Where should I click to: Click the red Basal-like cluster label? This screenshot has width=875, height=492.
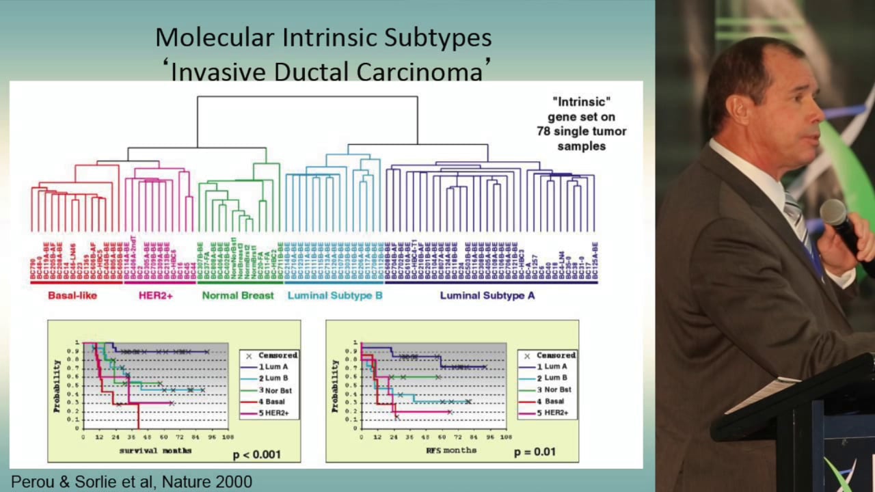(x=72, y=296)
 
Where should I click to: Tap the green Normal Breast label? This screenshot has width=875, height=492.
(x=238, y=296)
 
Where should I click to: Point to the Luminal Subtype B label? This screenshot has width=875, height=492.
(x=335, y=296)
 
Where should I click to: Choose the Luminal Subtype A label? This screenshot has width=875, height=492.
(x=487, y=296)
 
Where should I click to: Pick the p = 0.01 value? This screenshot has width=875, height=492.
(x=535, y=452)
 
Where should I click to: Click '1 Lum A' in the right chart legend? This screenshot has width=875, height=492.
(x=552, y=366)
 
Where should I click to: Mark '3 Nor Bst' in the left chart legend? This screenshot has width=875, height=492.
(x=275, y=389)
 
